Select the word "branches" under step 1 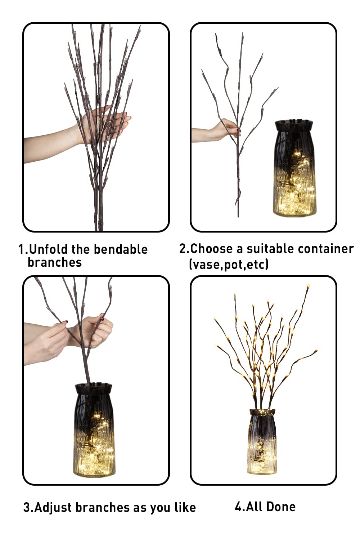[55, 262]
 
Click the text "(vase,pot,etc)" [229, 264]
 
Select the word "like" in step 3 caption [185, 507]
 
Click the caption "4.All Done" [265, 507]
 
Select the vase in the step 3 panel [94, 432]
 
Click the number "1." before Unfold [22, 249]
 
